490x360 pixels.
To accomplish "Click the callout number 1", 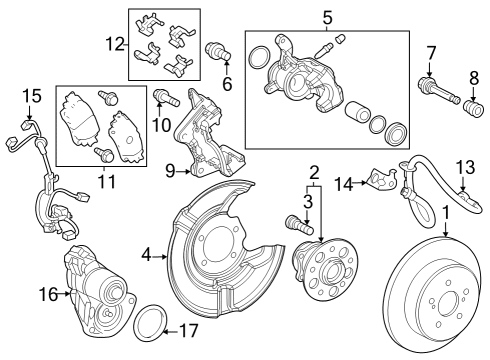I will [x=447, y=213].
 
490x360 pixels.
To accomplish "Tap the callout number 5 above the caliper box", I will [x=326, y=17].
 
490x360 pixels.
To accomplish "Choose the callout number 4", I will [x=146, y=255].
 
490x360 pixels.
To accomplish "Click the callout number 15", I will [x=30, y=95].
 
